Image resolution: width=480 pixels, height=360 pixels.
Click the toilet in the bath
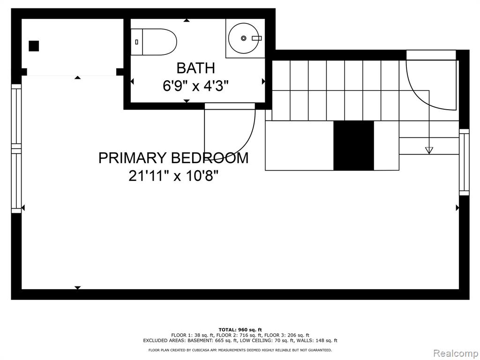tap(154, 42)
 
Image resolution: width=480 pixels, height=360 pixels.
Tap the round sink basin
tap(244, 38)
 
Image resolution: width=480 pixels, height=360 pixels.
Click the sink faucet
tap(257, 38)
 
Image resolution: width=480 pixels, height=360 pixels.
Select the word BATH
tap(196, 68)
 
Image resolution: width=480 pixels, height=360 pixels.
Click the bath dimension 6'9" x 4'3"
tap(196, 86)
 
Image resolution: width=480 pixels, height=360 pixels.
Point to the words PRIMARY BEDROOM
tap(173, 158)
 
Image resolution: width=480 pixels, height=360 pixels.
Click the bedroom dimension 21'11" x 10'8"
tap(173, 176)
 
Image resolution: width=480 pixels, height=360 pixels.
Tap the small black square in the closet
tap(34, 46)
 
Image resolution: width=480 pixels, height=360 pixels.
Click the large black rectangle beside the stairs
tap(353, 145)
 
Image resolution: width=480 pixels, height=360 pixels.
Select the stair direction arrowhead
tap(429, 150)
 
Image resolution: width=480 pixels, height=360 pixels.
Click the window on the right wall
tap(465, 162)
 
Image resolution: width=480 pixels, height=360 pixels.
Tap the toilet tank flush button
tap(136, 42)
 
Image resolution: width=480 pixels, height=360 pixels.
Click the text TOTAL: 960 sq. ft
tap(240, 330)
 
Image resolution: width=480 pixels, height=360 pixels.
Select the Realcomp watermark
tap(455, 353)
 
